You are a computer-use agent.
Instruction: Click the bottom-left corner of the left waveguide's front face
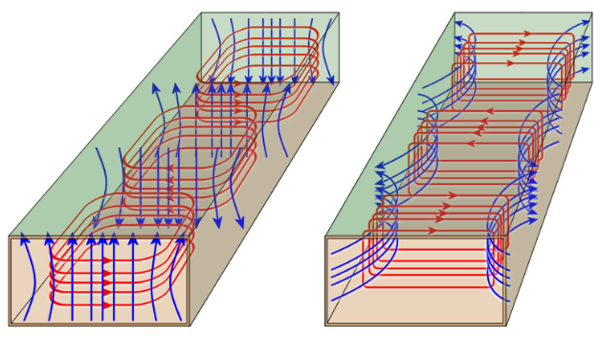point(10,326)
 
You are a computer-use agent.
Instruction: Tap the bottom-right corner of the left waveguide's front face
point(189,326)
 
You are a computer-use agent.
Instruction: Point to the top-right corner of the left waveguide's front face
point(189,236)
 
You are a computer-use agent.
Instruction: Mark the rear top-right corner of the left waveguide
point(339,12)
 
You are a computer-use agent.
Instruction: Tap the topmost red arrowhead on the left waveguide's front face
point(106,257)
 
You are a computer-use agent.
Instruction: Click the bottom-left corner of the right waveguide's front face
point(325,326)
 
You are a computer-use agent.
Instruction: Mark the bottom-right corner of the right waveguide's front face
point(505,326)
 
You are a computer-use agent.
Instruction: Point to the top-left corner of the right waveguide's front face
point(325,236)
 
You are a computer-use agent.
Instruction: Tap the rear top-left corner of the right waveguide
point(454,12)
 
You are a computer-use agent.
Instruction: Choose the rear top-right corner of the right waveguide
point(591,12)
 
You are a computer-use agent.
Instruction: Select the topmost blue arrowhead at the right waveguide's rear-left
point(458,22)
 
